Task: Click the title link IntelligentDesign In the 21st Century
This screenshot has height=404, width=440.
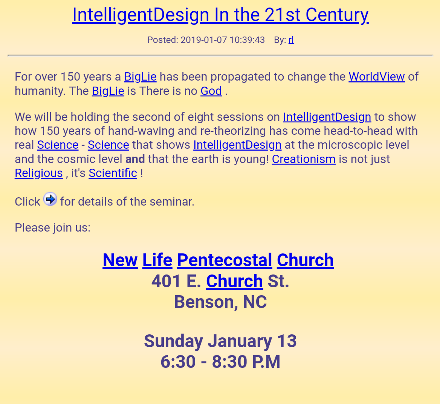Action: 220,15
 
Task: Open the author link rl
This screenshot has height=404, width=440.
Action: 291,40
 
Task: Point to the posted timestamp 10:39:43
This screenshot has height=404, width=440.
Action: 247,40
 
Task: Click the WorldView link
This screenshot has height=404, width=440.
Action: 377,76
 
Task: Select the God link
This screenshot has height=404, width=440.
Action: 211,91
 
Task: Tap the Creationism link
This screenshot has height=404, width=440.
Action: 304,159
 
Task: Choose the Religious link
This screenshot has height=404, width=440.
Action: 39,173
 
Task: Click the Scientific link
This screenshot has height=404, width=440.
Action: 113,173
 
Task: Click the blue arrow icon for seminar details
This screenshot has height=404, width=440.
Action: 50,199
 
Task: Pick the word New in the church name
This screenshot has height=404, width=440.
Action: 120,260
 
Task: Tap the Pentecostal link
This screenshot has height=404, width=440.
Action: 225,260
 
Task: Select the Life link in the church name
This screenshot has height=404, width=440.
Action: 157,260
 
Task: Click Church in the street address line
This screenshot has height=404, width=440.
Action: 234,281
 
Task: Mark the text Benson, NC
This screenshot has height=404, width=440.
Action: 220,302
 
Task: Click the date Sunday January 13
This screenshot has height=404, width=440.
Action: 220,341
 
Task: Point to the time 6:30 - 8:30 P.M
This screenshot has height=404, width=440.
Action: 220,361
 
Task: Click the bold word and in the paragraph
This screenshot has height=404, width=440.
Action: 135,159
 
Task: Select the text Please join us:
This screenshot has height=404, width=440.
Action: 52,227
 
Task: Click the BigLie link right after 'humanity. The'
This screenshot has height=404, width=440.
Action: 108,91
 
